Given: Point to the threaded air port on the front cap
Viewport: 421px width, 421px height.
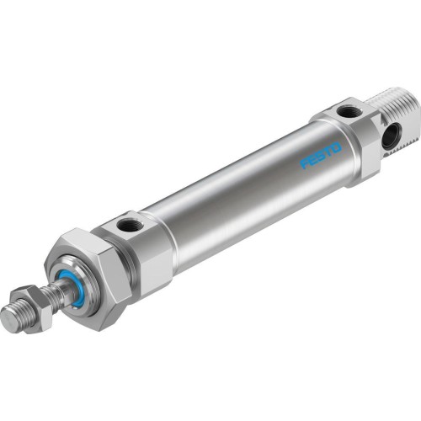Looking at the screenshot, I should point(130,225).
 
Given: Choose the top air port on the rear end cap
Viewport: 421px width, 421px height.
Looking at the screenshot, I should point(345,110).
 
